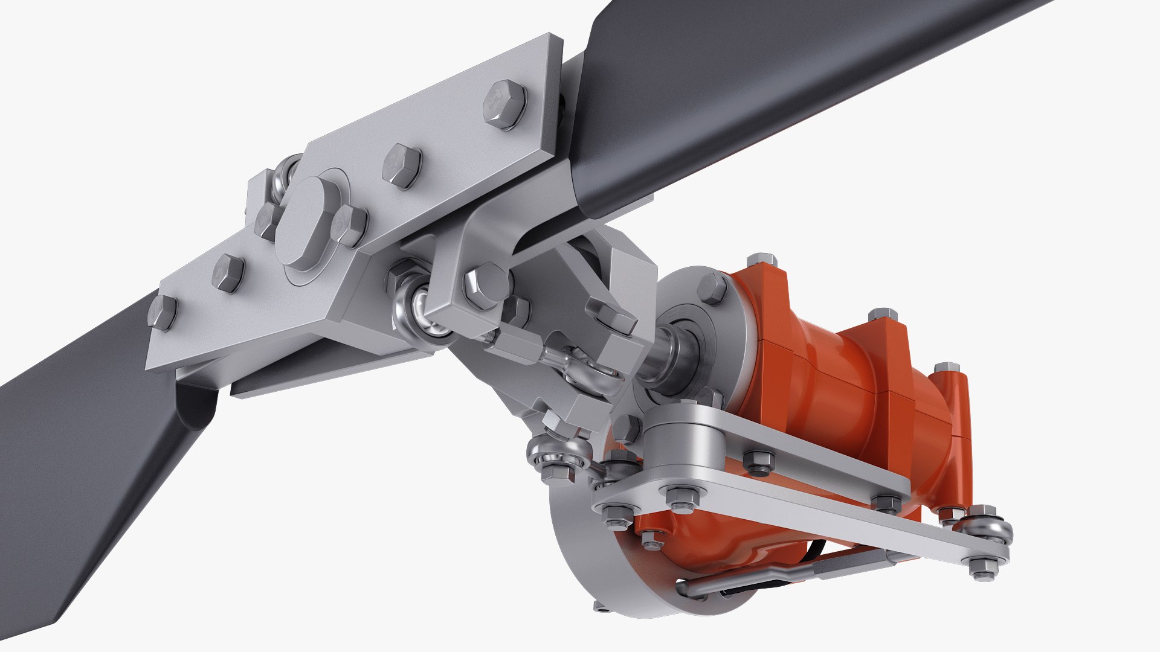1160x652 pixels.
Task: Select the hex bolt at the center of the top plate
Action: [402, 165]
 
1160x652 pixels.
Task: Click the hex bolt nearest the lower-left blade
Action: [162, 312]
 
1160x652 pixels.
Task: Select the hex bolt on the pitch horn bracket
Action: [486, 284]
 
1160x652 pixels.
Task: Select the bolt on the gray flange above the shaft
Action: [712, 289]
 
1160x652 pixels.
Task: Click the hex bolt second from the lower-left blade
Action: [228, 273]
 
